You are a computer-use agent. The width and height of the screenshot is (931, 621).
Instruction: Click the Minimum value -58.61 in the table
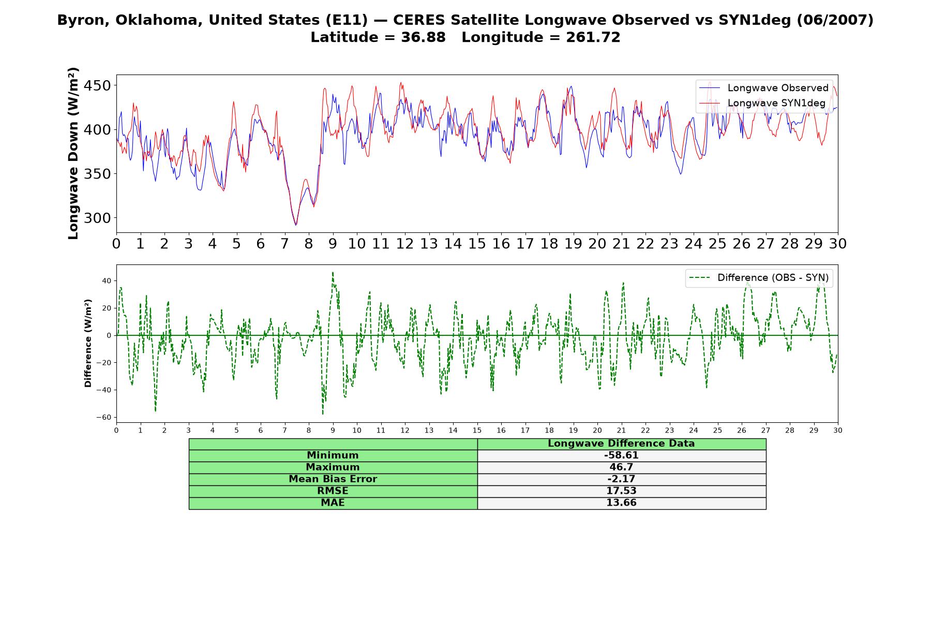[621, 455]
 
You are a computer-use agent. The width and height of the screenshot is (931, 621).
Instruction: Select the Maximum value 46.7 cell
[621, 467]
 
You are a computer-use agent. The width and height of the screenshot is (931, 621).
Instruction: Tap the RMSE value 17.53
[621, 491]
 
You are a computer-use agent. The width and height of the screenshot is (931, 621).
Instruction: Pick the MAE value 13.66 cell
[621, 503]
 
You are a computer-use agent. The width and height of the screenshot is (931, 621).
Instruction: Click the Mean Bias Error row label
[333, 479]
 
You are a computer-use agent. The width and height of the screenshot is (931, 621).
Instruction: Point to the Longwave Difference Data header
[621, 443]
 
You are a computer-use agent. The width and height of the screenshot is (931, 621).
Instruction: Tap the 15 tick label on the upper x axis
[477, 244]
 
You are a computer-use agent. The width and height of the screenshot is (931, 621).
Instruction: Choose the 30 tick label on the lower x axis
[838, 430]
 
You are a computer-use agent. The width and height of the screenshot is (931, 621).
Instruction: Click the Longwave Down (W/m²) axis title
[73, 153]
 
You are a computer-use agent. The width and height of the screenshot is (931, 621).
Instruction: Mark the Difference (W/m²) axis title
[88, 343]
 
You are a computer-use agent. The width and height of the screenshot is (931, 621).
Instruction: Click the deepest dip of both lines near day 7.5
[296, 225]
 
